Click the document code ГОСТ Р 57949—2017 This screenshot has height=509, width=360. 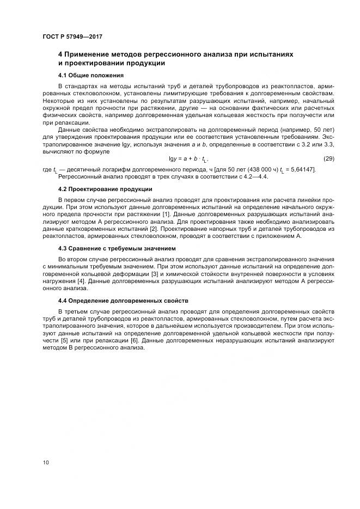tap(72, 37)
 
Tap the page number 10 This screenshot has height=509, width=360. tap(46, 463)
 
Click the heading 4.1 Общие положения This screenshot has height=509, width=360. tap(91, 75)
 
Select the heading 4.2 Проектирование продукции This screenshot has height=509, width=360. tap(105, 189)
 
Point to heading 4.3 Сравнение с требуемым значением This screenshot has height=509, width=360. tap(117, 248)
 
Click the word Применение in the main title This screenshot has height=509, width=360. tap(93, 55)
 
